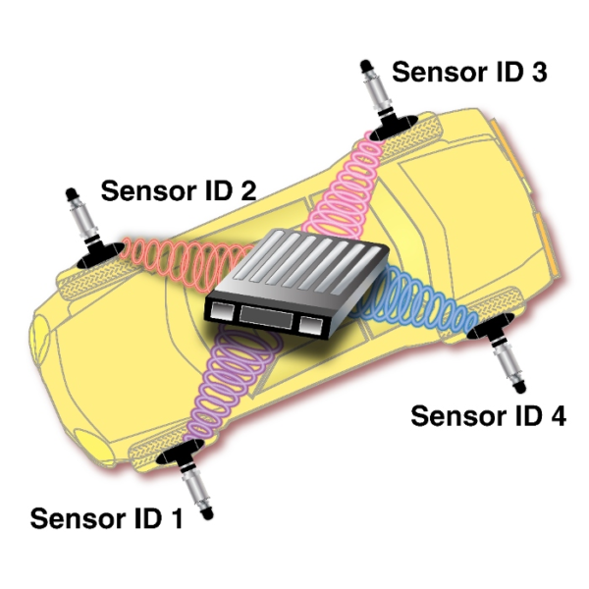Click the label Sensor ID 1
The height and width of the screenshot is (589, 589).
coord(106,517)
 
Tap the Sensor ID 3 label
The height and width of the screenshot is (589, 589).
coord(468,72)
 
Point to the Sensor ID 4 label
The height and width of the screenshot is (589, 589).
coord(488,415)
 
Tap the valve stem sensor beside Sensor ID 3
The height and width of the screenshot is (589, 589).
coord(374,92)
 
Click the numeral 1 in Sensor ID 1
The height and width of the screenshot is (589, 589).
coord(174,517)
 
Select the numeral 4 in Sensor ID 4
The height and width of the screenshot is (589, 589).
coord(556,415)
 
